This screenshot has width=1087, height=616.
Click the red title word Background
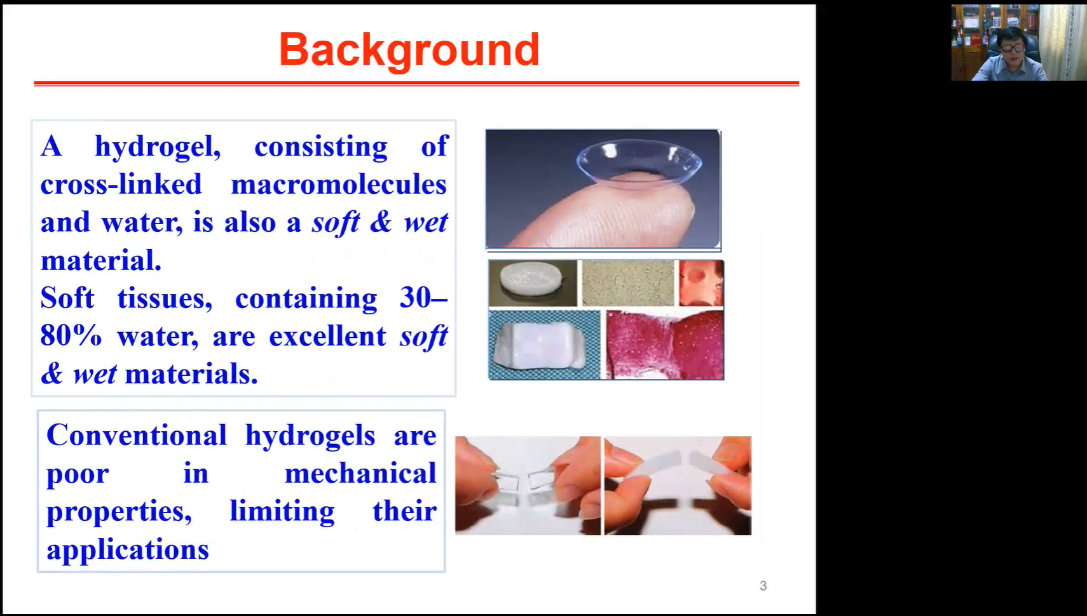tap(409, 50)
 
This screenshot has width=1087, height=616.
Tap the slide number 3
tap(763, 586)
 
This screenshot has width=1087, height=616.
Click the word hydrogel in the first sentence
tap(158, 146)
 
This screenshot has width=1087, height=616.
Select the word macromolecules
tap(339, 185)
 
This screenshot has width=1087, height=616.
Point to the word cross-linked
tap(121, 185)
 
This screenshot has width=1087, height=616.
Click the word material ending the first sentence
tap(100, 260)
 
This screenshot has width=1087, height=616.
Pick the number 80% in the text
tap(71, 336)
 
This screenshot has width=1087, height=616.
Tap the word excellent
tap(327, 336)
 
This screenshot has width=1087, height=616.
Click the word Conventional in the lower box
tap(137, 435)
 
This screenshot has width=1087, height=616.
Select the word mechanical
tap(360, 473)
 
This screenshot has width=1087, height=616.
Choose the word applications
tap(128, 550)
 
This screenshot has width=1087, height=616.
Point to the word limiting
tap(282, 512)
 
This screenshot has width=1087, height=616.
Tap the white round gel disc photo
tap(533, 283)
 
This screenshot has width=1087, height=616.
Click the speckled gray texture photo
tap(628, 283)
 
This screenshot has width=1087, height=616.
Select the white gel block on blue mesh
tap(544, 345)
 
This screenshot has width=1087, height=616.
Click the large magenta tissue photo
tap(665, 345)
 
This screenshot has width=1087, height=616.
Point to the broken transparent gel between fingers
tap(528, 486)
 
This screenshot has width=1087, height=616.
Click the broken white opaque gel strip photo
tap(678, 486)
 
